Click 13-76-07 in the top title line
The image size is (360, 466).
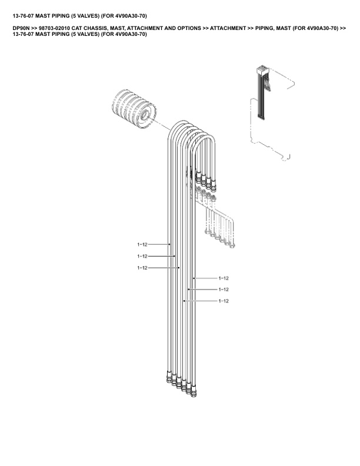click(23, 16)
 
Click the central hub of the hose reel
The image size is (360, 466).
click(145, 115)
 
